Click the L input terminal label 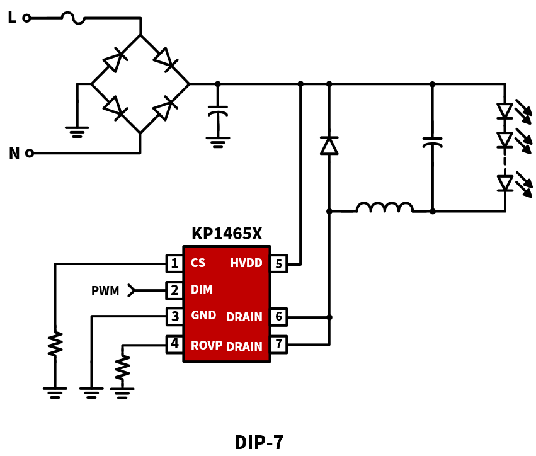tap(12, 17)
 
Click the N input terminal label tap(14, 154)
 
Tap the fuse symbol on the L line tap(73, 18)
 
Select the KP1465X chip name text tap(227, 234)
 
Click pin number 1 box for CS tap(174, 263)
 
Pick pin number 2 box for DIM tap(174, 290)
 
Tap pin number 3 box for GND tap(174, 317)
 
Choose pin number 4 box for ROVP tap(174, 345)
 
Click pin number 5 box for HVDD tap(278, 263)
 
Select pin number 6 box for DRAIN tap(278, 317)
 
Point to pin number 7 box tap(278, 345)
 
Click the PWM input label tap(105, 290)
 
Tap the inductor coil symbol tap(385, 207)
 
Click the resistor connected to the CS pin tap(55, 343)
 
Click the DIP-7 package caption tap(259, 442)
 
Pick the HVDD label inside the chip tap(246, 263)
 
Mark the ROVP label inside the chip tap(207, 345)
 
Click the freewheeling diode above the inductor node tap(329, 145)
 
